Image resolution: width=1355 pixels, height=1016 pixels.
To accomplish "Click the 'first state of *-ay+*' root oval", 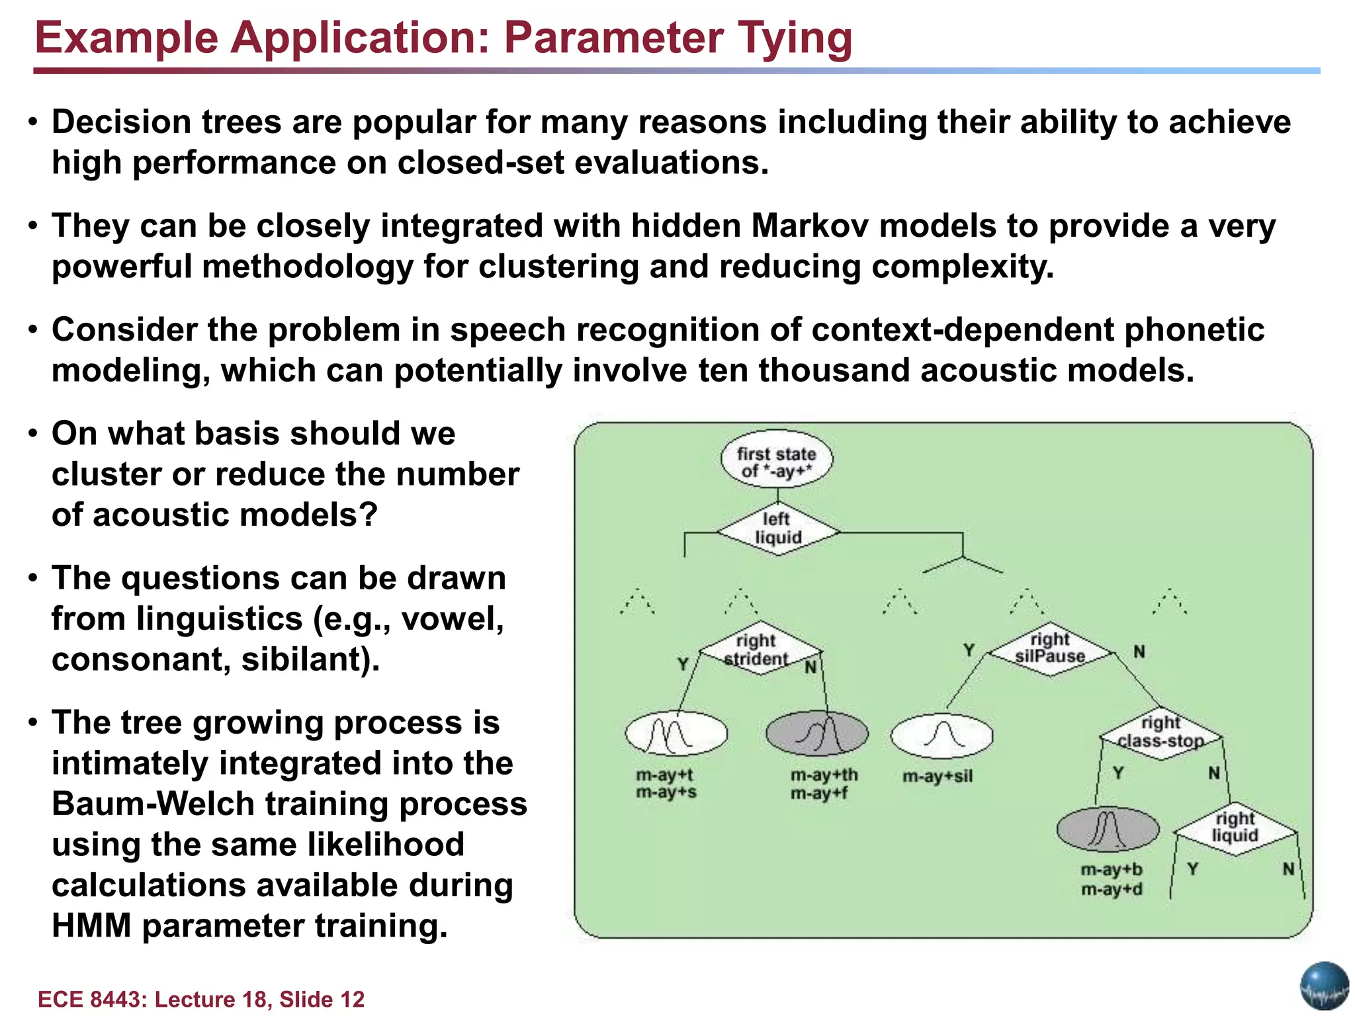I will pyautogui.click(x=776, y=461).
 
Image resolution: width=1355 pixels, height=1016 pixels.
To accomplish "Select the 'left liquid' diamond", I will pyautogui.click(x=778, y=529).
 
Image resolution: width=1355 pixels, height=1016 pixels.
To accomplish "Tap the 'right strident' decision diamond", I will pyautogui.click(x=756, y=650).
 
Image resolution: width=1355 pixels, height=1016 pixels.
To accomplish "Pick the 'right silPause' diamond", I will pyautogui.click(x=1050, y=648).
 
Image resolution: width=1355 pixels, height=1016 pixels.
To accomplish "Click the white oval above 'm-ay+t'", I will pyautogui.click(x=676, y=734).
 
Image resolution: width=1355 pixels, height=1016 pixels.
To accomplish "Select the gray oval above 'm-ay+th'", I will pyautogui.click(x=816, y=734).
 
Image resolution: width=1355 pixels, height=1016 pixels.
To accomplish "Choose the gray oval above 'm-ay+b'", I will pyautogui.click(x=1108, y=829).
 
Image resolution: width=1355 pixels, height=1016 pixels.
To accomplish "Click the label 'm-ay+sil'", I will pyautogui.click(x=938, y=776).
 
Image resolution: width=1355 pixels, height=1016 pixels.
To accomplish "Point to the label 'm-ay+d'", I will pyautogui.click(x=1112, y=890).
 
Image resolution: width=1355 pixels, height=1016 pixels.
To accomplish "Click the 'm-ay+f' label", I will pyautogui.click(x=819, y=792).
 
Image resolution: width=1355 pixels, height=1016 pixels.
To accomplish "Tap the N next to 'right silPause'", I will pyautogui.click(x=1139, y=652).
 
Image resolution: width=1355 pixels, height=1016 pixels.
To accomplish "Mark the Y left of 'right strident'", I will pyautogui.click(x=683, y=663).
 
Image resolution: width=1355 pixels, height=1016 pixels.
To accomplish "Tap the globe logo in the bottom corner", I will pyautogui.click(x=1324, y=986).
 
